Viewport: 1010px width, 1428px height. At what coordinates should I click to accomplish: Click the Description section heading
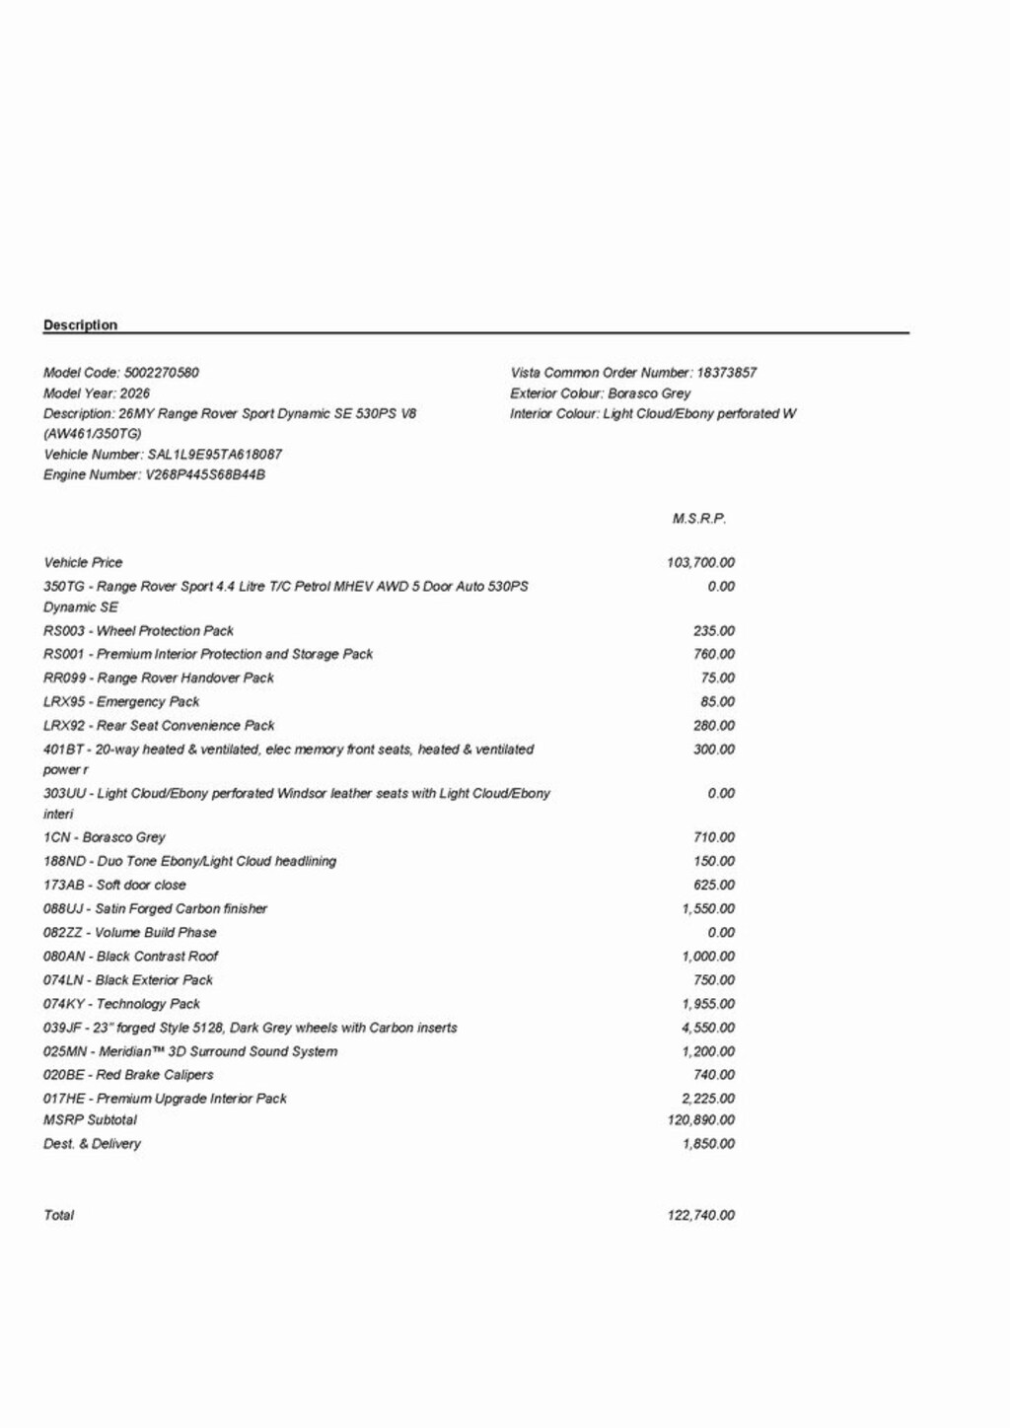80,325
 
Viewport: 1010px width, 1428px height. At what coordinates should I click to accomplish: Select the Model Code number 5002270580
161,373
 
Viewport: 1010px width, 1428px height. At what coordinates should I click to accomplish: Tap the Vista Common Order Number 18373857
726,373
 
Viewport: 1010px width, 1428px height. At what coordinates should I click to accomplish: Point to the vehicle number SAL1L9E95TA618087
214,455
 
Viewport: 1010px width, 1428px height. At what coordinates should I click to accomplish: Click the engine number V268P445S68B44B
205,475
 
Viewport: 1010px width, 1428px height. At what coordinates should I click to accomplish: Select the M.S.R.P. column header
698,519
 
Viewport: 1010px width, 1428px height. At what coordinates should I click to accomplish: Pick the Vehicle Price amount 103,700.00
700,563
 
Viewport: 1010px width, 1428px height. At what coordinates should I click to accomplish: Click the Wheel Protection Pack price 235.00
713,631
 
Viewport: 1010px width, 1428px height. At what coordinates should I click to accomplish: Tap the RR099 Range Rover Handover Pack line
159,678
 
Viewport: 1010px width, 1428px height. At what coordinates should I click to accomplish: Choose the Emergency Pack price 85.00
717,702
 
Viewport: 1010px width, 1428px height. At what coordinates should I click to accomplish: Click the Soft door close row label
114,886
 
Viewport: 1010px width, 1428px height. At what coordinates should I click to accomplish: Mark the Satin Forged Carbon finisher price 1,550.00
707,909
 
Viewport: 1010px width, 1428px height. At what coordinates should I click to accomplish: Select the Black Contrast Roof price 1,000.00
707,957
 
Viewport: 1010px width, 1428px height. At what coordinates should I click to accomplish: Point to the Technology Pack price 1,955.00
707,1004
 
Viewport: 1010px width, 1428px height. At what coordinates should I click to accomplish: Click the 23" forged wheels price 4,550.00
707,1028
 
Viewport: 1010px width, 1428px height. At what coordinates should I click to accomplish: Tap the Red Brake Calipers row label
128,1075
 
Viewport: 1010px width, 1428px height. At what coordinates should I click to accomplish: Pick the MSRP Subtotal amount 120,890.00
700,1120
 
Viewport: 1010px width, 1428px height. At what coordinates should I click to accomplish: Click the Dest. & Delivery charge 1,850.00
707,1144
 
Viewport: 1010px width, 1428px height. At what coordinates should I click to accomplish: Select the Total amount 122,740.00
700,1216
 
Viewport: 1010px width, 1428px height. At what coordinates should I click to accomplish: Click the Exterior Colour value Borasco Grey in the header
649,393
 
